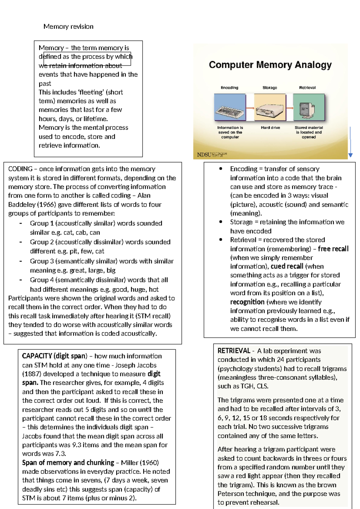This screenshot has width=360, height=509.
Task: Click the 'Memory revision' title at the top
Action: pyautogui.click(x=68, y=26)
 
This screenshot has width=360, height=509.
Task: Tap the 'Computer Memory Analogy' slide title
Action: pyautogui.click(x=270, y=65)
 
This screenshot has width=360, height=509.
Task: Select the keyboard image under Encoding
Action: pyautogui.click(x=229, y=107)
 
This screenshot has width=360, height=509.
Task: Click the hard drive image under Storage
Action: pyautogui.click(x=270, y=107)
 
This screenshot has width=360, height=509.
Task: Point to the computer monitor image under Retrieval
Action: pyautogui.click(x=308, y=107)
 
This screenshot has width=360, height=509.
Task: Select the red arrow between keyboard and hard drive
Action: pyautogui.click(x=250, y=108)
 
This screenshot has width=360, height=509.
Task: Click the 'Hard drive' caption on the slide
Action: pyautogui.click(x=270, y=128)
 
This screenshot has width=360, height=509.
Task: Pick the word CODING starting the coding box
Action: pyautogui.click(x=20, y=169)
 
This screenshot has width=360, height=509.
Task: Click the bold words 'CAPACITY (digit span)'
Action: pyautogui.click(x=54, y=356)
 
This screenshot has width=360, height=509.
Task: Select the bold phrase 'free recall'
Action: pyautogui.click(x=333, y=249)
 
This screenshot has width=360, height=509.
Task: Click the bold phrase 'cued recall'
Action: pyautogui.click(x=287, y=267)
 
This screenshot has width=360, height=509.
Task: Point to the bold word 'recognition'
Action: pyautogui.click(x=247, y=302)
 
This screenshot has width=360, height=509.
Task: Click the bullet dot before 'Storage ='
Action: pyautogui.click(x=221, y=222)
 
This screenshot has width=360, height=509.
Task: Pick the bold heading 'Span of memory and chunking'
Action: pyautogui.click(x=68, y=462)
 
